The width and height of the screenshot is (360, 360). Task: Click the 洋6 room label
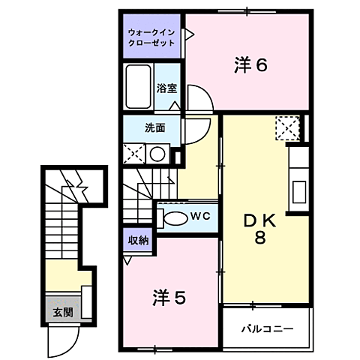click(x=250, y=65)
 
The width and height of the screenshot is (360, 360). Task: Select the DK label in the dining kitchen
click(x=259, y=221)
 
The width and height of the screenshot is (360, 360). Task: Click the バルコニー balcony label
click(x=266, y=328)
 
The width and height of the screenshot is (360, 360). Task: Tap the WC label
click(x=199, y=217)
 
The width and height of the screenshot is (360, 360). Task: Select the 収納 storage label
click(x=138, y=241)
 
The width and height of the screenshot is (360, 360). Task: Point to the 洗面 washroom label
click(x=155, y=127)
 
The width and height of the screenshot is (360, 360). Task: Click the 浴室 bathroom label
click(x=166, y=88)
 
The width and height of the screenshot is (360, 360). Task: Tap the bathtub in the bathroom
click(x=139, y=87)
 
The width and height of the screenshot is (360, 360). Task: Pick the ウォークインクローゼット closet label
click(x=151, y=38)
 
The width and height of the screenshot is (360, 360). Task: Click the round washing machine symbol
click(x=157, y=154)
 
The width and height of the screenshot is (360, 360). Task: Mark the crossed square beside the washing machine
click(x=135, y=154)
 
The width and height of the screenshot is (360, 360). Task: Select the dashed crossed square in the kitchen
click(x=287, y=128)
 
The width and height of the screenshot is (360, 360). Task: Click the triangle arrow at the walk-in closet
click(x=190, y=34)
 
